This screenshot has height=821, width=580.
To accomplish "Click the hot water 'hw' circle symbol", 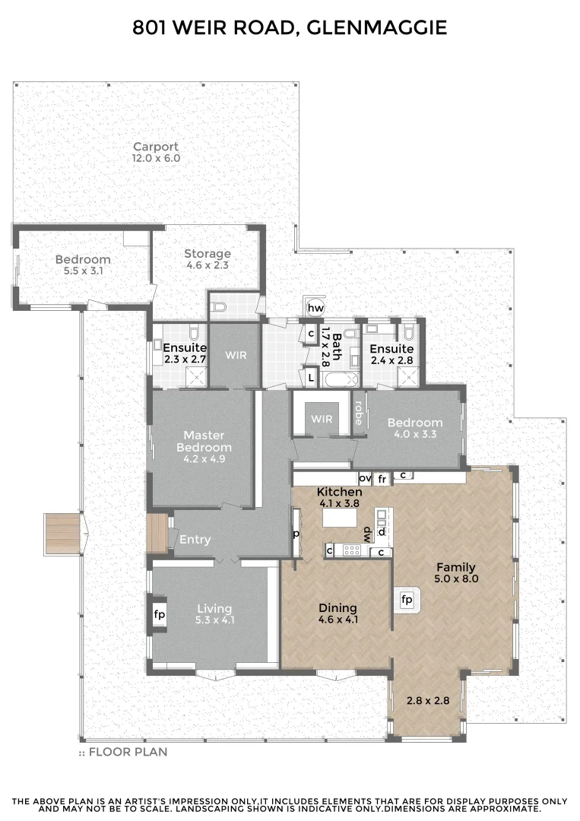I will tap(315, 308).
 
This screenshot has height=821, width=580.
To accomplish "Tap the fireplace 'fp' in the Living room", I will tap(160, 614).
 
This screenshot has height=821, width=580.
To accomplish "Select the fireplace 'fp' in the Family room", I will tap(407, 600).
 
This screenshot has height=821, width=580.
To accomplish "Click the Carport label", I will tap(156, 147).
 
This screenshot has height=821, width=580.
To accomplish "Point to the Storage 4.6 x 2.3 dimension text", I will tap(208, 266).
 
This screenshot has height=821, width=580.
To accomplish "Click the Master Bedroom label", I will tap(204, 441).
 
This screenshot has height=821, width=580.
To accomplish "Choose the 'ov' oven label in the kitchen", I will tap(364, 478).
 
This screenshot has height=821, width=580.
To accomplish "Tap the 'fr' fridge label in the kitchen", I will tap(382, 479).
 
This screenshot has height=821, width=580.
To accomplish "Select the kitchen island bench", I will tap(341, 518).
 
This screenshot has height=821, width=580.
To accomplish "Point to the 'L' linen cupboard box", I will tap(312, 376).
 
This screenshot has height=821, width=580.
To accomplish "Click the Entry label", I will tap(195, 540).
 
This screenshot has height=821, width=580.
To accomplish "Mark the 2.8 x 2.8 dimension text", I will tap(424, 700).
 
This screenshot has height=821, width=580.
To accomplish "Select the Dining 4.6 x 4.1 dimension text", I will tap(338, 620).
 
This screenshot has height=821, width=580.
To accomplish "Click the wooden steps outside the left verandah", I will tap(62, 532).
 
